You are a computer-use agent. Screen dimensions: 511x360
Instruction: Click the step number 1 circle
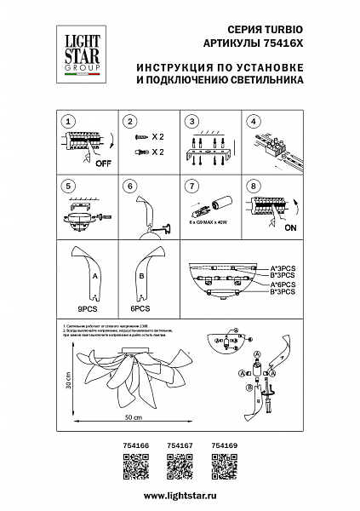71,123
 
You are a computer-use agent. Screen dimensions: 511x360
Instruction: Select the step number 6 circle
131,185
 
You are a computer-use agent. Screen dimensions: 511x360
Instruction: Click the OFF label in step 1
103,163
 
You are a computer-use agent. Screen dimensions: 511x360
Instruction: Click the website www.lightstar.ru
180,495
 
